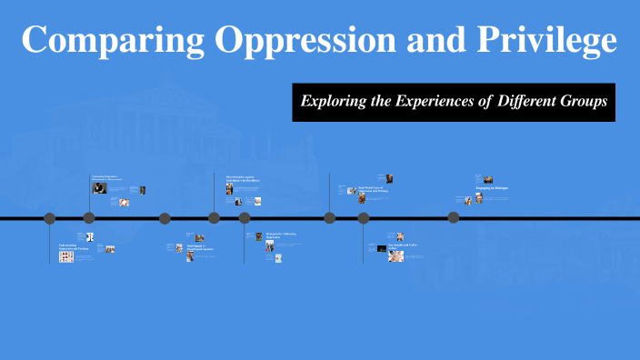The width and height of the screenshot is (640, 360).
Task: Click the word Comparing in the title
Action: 93,41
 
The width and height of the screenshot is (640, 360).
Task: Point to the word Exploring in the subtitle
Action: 336,102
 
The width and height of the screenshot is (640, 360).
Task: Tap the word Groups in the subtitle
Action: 585,102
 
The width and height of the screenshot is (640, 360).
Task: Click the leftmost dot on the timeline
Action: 50,218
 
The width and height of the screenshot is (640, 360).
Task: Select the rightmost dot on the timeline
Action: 454,218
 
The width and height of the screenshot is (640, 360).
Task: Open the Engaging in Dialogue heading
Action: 491,189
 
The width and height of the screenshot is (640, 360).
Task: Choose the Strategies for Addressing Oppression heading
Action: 281,235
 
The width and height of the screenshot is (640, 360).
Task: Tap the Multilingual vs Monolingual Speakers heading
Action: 200,247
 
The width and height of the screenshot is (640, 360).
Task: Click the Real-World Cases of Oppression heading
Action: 373,189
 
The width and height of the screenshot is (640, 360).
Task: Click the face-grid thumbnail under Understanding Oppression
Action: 66,257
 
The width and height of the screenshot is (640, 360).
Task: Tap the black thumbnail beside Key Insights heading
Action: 381,247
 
